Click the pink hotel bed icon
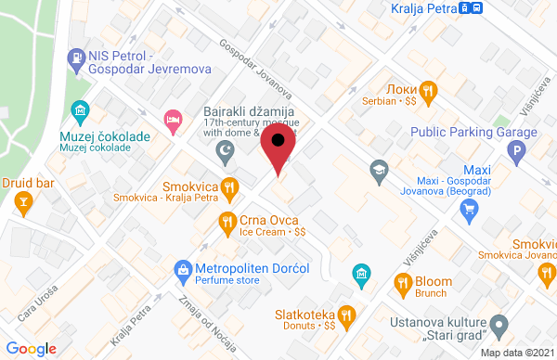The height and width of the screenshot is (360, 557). pyautogui.click(x=172, y=118)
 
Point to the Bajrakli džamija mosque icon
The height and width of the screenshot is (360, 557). pyautogui.click(x=223, y=149)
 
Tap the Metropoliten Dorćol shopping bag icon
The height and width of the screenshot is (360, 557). pyautogui.click(x=184, y=270)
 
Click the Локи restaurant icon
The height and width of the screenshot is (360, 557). pyautogui.click(x=427, y=90)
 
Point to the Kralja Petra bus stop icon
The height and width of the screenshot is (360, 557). pyautogui.click(x=475, y=9)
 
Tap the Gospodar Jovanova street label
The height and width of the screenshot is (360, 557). pyautogui.click(x=253, y=70)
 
